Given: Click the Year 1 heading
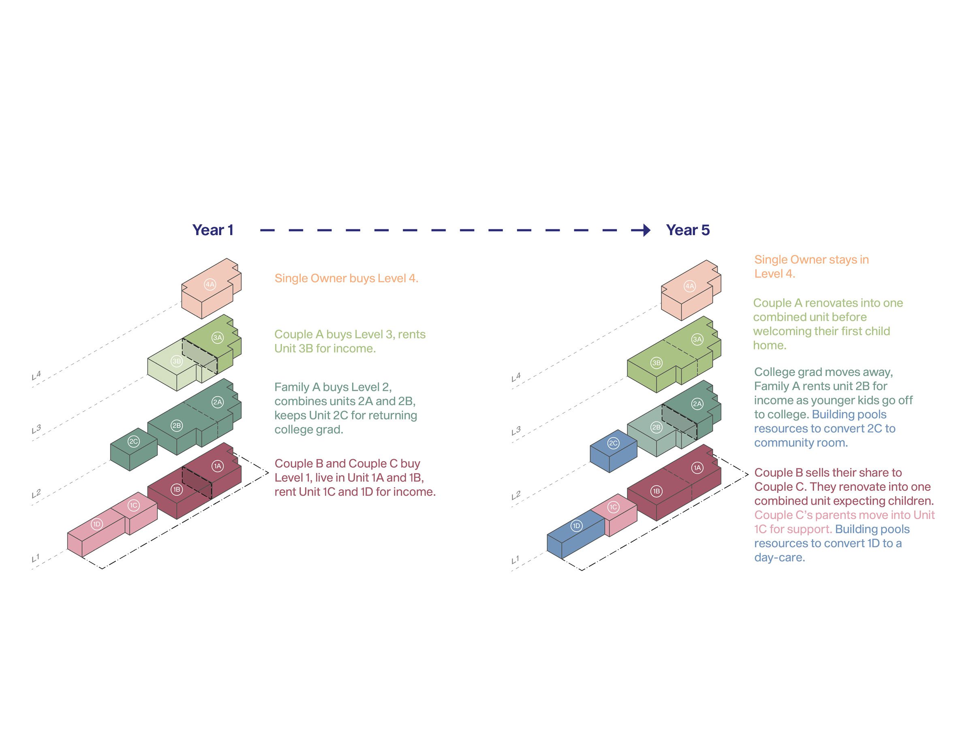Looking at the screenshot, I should coord(213,230).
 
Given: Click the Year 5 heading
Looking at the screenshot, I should coord(687,230).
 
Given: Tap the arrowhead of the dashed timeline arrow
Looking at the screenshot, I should coord(646,230).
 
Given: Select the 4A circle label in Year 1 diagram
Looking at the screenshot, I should coord(210,284).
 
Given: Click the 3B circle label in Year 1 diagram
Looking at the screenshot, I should coord(176,361).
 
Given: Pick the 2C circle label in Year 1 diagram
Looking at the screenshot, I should coord(133,442).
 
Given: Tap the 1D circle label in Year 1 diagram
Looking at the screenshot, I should coord(96,524).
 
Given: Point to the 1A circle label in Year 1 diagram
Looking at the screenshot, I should coord(218,466).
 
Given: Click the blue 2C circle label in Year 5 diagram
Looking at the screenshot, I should coord(613,443).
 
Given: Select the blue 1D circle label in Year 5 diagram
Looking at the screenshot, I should coord(576,526).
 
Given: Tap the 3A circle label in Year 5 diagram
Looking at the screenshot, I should coord(697,339).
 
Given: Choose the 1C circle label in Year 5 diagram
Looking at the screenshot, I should coord(613,507).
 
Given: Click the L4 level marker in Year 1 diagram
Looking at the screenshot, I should coord(36,375).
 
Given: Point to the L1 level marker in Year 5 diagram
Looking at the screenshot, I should coord(515,560).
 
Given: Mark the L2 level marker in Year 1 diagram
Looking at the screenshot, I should coord(36,494).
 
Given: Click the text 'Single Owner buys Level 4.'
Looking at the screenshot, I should coord(346,278).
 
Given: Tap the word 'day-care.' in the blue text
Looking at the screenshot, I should coord(779,558).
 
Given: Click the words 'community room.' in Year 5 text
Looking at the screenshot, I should coord(800,443).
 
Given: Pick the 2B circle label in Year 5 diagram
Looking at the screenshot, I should coord(656,427).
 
